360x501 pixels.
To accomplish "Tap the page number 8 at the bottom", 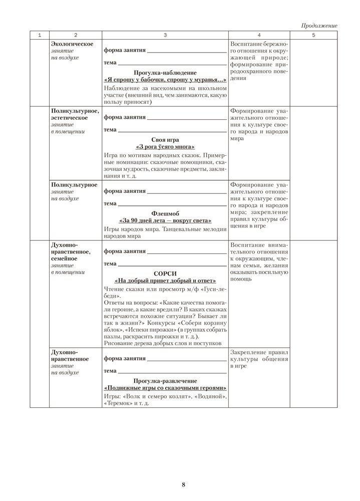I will pyautogui.click(x=184, y=484).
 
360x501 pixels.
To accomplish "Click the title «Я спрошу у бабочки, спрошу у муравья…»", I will pyautogui.click(x=165, y=80).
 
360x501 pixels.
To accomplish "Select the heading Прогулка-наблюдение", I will pyautogui.click(x=165, y=73).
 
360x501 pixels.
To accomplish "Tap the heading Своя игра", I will pyautogui.click(x=165, y=140).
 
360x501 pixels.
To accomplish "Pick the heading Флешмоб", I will pyautogui.click(x=165, y=213).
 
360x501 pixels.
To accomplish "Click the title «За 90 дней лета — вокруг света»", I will pyautogui.click(x=165, y=220).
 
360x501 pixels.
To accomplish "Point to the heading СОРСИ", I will pyautogui.click(x=165, y=273).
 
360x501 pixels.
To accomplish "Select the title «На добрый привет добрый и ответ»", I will pyautogui.click(x=165, y=281).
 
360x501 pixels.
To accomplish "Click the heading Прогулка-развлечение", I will pyautogui.click(x=165, y=381).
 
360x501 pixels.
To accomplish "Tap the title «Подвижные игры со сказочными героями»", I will pyautogui.click(x=165, y=389).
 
